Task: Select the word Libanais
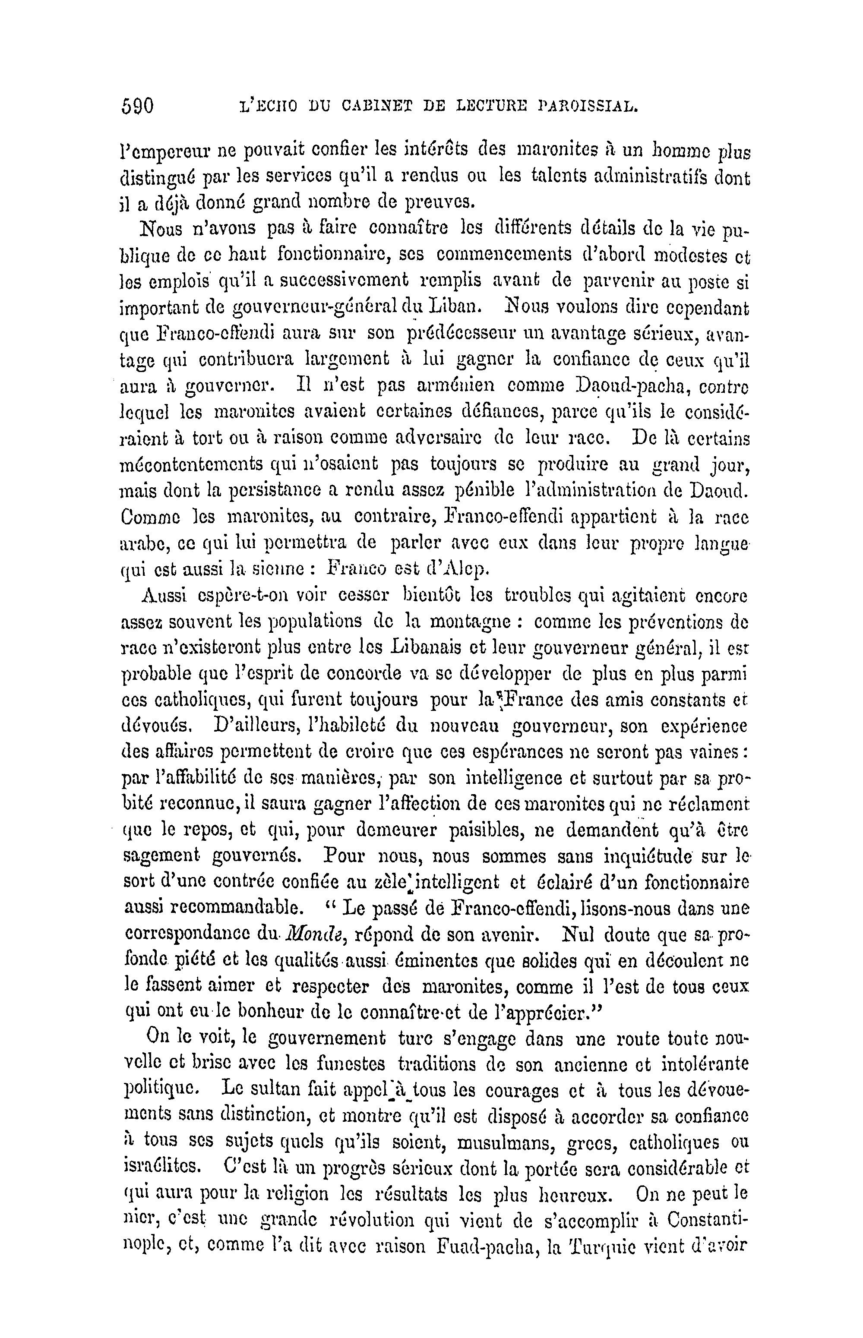point(424,648)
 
